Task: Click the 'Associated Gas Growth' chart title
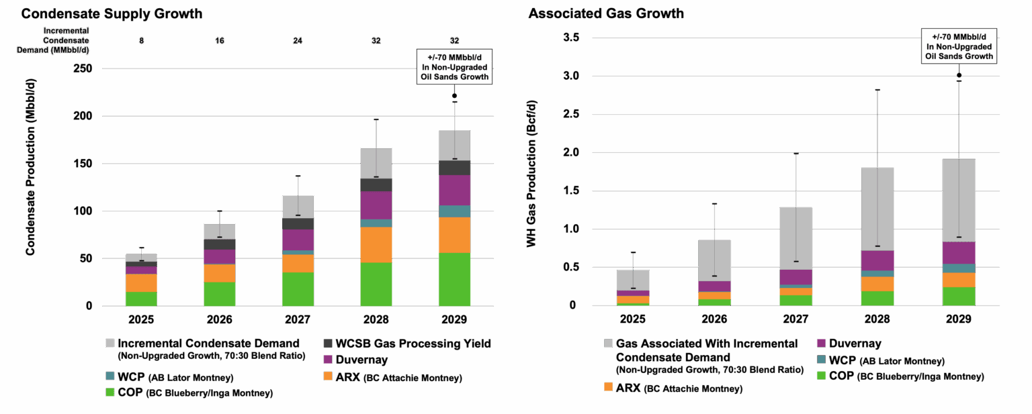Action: pyautogui.click(x=606, y=13)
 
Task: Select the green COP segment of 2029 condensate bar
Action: pyautogui.click(x=454, y=279)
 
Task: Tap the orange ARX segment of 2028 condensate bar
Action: pyautogui.click(x=376, y=244)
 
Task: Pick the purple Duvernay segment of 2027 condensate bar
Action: pyautogui.click(x=297, y=240)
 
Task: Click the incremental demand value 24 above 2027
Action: pyautogui.click(x=297, y=41)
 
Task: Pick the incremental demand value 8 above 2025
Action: pyautogui.click(x=140, y=41)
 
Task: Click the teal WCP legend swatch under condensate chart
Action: pyautogui.click(x=110, y=376)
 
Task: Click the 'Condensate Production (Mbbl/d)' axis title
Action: pyautogui.click(x=30, y=180)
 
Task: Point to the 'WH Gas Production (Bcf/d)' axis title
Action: pyautogui.click(x=531, y=180)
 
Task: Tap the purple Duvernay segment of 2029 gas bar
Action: pyautogui.click(x=959, y=252)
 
